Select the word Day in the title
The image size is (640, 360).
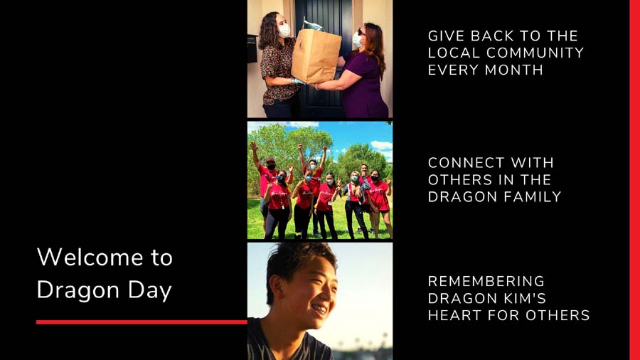[x=150, y=291]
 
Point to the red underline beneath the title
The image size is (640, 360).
[x=142, y=322]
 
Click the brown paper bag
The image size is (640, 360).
[x=316, y=55]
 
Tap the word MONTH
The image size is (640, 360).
[x=514, y=70]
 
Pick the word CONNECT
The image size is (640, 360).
[x=462, y=163]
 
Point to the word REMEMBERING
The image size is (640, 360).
[x=486, y=281]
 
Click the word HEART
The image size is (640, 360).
[x=454, y=315]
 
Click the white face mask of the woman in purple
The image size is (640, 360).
[x=357, y=40]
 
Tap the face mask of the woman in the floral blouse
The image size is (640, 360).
[x=284, y=31]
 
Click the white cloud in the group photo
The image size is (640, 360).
[x=382, y=145]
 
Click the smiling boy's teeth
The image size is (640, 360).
[x=319, y=309]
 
